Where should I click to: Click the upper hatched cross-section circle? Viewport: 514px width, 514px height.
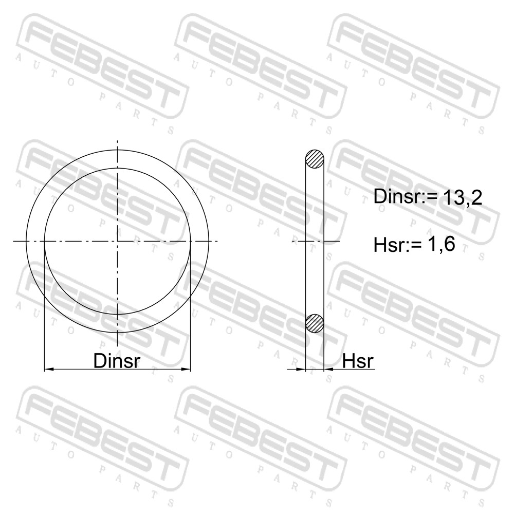pos(315,159)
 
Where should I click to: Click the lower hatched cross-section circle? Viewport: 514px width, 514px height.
pos(315,323)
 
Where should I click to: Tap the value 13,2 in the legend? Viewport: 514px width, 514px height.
pos(463,197)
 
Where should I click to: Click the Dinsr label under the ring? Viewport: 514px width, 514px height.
pos(117,361)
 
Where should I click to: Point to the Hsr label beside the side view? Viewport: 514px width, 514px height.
pos(358,361)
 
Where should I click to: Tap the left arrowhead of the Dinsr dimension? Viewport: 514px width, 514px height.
pos(49,370)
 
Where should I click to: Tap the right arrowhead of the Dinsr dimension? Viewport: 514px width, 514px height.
pos(186,370)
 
